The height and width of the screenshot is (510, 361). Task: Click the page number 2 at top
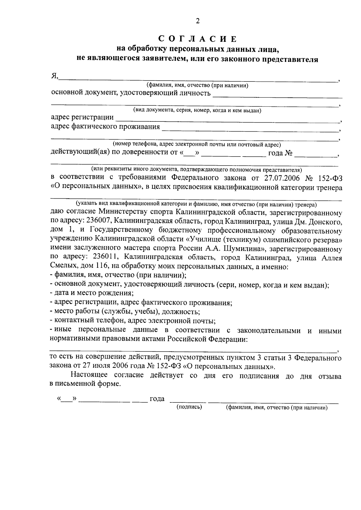point(198,21)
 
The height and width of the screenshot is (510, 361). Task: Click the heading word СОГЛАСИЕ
point(198,39)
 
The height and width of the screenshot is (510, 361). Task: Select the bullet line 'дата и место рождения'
point(92,293)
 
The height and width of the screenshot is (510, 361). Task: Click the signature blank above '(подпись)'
point(188,401)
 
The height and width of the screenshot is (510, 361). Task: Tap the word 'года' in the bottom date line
point(157,399)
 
